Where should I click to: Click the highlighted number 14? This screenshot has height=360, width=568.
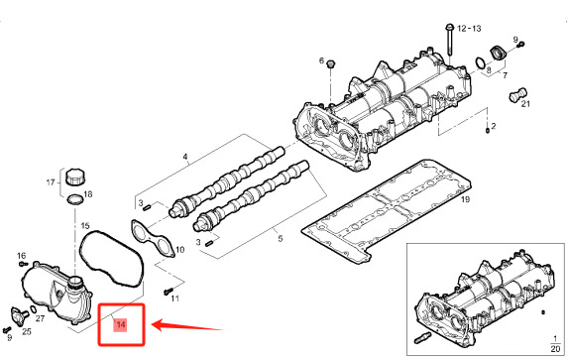[121, 325]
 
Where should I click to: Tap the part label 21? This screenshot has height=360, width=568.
[525, 103]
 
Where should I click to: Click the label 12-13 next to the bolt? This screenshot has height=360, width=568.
[470, 32]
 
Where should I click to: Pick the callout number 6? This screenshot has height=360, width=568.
[321, 61]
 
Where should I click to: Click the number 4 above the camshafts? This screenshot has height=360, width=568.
[184, 158]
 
